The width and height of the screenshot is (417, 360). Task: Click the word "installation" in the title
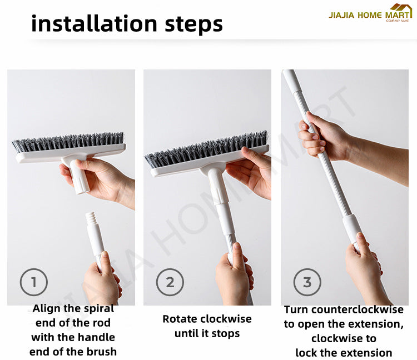(95, 23)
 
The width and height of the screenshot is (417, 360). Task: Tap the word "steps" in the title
(193, 24)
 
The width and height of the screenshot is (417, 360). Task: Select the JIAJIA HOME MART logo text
(369, 15)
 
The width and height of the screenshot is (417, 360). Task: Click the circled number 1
(34, 282)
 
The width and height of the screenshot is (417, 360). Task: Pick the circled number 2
(170, 282)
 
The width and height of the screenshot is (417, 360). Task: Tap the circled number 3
(307, 282)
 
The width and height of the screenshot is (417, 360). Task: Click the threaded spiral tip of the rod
(91, 218)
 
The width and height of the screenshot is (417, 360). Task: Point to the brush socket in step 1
(79, 177)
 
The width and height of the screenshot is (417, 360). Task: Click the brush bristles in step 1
(68, 142)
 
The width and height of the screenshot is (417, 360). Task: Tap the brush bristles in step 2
(206, 149)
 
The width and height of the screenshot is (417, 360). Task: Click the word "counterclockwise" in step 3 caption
(358, 309)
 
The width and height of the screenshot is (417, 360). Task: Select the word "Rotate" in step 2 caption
(180, 319)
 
